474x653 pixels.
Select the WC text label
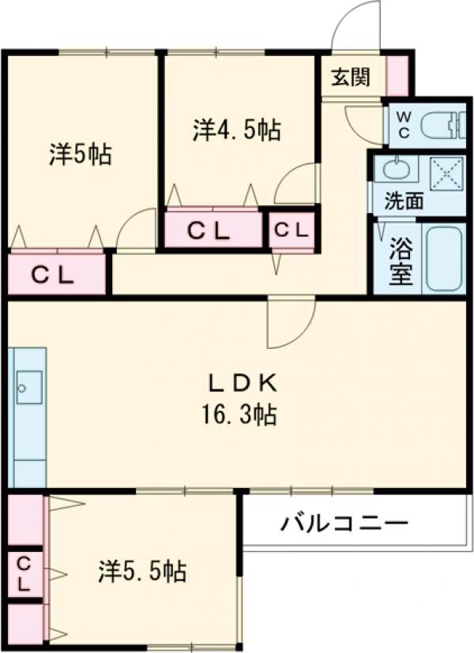pos(403,124)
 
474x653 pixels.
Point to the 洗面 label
pos(402,201)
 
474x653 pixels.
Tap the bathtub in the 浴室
pos(446,259)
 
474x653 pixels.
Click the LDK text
pos(242,384)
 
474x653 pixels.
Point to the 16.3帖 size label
pos(242,414)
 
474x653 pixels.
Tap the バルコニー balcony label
pos(344,524)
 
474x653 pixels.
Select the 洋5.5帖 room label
pos(143,571)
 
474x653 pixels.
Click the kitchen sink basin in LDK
pos(28,387)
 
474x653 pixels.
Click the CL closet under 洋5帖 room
pos(54,274)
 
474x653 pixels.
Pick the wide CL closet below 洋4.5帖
pos(209,231)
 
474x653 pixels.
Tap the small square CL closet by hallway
pos(292,231)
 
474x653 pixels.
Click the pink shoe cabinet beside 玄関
pos(397,76)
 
